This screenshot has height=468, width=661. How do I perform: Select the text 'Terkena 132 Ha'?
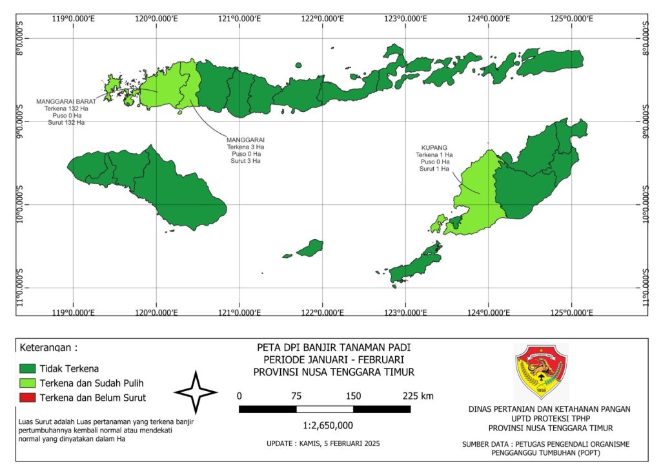(66, 109)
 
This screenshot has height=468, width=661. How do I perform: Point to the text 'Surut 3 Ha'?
(245, 161)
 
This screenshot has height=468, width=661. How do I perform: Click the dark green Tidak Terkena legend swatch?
(27, 368)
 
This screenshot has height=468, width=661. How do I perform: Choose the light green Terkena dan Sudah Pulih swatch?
(27, 383)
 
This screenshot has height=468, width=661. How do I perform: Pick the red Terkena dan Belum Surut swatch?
(27, 398)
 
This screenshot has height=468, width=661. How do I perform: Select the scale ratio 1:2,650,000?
(328, 425)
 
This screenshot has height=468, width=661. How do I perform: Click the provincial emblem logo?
(541, 372)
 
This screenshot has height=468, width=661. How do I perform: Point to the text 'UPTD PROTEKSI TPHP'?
(550, 418)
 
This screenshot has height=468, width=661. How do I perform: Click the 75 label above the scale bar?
(296, 396)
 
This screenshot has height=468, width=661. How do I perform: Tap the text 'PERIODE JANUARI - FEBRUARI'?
(333, 359)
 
